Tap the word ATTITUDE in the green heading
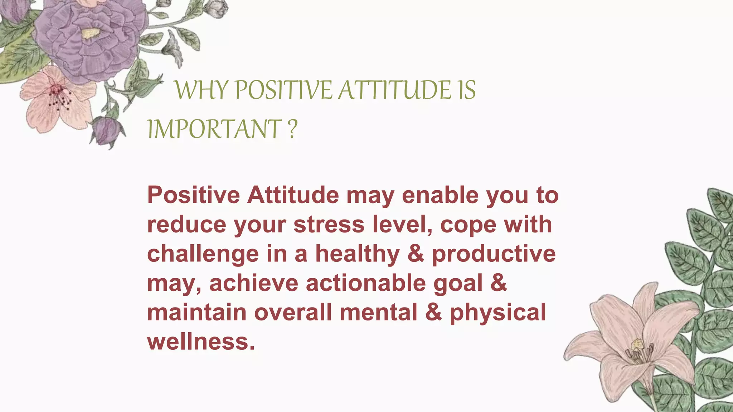tap(395, 90)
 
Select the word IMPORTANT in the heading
tap(214, 129)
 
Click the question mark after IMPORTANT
tap(292, 129)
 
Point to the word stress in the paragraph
tap(329, 225)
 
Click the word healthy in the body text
tap(357, 254)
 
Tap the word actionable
tap(365, 283)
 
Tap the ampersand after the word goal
tap(499, 283)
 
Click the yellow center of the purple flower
tap(90, 34)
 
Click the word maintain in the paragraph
tap(196, 313)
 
